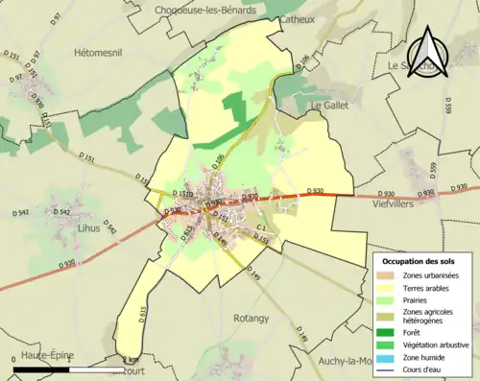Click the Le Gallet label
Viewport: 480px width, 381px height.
327,103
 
